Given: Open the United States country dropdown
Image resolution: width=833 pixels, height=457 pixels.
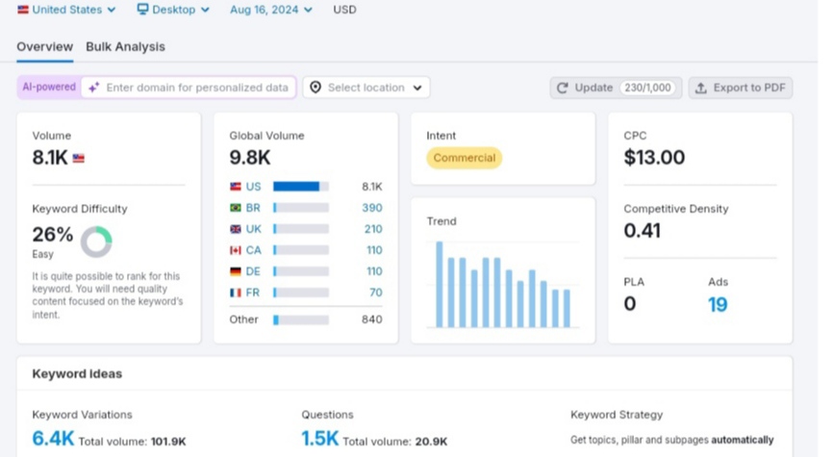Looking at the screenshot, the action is pos(66,10).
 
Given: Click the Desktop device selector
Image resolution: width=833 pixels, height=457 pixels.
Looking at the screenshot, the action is pos(173,10).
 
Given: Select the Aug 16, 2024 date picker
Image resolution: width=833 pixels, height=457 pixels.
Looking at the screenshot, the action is pos(271,10).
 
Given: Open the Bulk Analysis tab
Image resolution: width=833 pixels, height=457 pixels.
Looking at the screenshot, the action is pos(125,47).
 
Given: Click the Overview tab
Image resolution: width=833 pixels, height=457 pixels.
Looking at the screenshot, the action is pos(44,47).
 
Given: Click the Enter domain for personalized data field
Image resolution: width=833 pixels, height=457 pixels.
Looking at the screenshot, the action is pos(189,88).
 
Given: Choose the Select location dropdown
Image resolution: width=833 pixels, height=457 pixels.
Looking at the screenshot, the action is pos(366,88).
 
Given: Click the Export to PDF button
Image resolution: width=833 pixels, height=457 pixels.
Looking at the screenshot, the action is pos(741,88).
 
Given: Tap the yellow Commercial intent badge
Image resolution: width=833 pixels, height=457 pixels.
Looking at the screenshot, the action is pos(464,158).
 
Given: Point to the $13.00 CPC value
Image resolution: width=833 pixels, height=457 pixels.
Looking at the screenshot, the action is pos(654,157).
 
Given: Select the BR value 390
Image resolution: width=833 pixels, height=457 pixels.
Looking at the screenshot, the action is pos(372,208).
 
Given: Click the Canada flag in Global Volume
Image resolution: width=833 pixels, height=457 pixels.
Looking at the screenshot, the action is pos(236,250).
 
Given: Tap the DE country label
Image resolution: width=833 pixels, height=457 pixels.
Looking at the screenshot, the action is pos(253,271).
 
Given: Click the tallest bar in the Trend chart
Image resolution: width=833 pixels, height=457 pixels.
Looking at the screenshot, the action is pos(440,284).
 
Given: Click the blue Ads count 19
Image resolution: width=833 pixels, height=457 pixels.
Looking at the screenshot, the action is pos(718,304).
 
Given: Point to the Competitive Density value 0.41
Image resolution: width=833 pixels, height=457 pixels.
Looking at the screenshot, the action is pos(642,231).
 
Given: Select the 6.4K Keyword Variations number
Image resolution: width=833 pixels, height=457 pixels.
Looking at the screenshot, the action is pos(53,439).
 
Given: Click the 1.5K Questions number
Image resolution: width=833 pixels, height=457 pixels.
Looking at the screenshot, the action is pos(319,439).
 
